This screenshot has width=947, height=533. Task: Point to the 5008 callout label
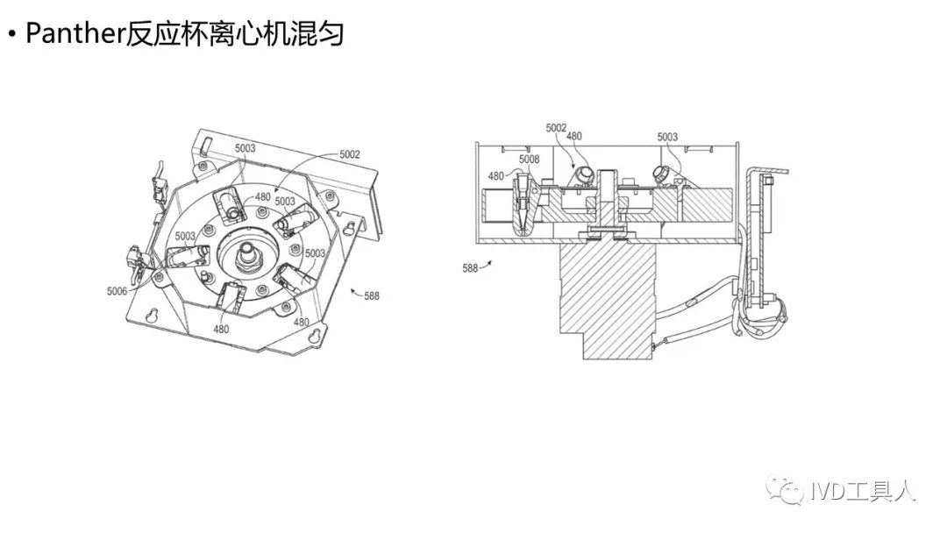click(529, 159)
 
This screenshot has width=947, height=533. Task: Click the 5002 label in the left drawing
click(350, 154)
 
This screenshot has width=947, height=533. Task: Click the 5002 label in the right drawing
click(556, 128)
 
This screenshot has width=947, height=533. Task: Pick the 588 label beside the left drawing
click(372, 296)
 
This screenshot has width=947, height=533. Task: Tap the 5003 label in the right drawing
click(668, 137)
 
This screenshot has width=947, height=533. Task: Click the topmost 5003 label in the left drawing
click(245, 148)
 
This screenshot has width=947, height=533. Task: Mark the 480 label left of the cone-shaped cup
click(496, 176)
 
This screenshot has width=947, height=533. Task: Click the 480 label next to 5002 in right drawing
click(573, 136)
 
